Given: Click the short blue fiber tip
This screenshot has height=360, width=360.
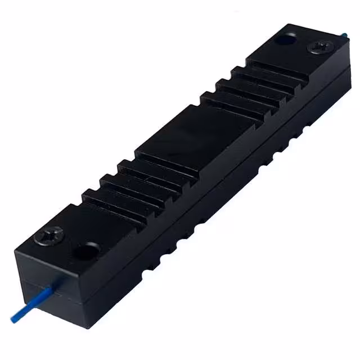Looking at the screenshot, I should click(x=344, y=35).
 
